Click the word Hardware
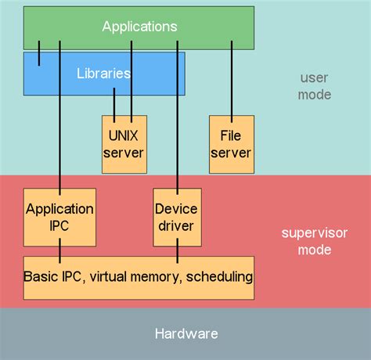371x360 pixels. click(x=185, y=334)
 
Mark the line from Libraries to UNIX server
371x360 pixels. click(x=115, y=106)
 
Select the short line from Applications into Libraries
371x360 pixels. click(x=39, y=57)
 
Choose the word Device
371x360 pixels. click(x=177, y=209)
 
